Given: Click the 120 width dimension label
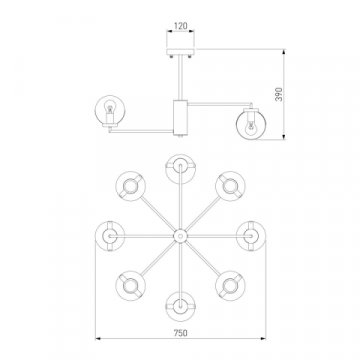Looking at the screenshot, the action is tap(180, 26).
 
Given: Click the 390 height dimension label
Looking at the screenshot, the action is tap(279, 94).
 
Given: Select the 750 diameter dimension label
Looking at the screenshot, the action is tap(180, 333).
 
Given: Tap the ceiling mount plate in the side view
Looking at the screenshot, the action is tap(180, 52).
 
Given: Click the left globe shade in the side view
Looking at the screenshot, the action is tap(110, 111).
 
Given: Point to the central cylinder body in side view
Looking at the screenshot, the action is tap(180, 116).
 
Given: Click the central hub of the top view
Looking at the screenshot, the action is tap(180, 236).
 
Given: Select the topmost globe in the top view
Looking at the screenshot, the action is tap(180, 169).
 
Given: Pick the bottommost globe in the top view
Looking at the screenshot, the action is tap(180, 306).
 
